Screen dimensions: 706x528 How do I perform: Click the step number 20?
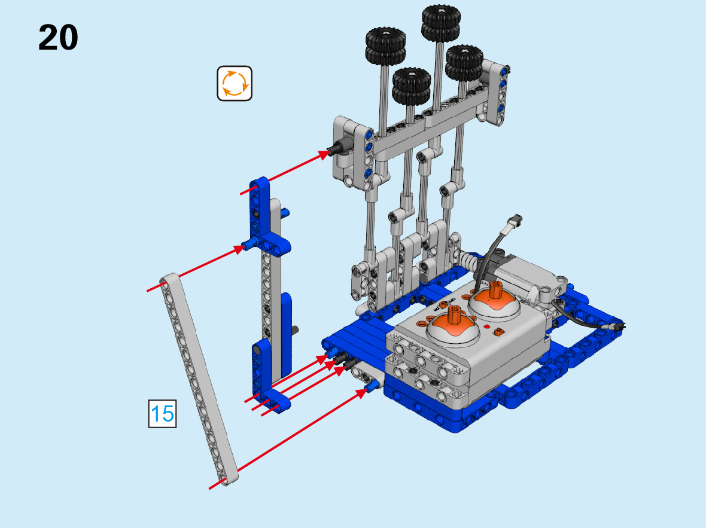click(x=58, y=38)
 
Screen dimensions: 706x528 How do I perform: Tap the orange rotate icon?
click(x=235, y=83)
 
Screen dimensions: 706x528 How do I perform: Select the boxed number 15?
click(x=162, y=414)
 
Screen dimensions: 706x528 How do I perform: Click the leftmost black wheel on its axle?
click(x=385, y=45)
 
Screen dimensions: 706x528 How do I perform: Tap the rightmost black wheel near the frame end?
click(x=464, y=63)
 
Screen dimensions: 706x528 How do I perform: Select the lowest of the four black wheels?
click(x=412, y=86)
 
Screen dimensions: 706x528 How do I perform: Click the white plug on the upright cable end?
click(x=514, y=221)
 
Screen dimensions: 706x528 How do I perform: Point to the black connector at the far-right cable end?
click(x=615, y=326)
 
